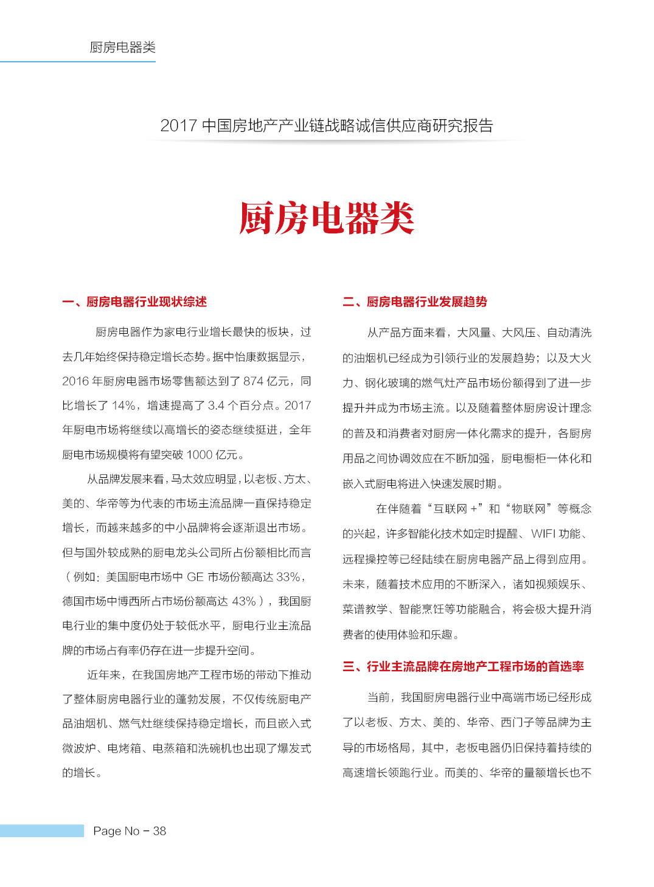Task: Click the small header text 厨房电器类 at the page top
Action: coord(122,47)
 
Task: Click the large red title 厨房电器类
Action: coord(327,218)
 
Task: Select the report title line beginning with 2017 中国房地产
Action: coord(327,126)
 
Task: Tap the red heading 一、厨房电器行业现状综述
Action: coord(134,302)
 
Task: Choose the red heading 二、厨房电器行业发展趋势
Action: coord(415,302)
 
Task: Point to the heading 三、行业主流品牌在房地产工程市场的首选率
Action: coord(463,666)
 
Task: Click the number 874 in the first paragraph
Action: coord(253,381)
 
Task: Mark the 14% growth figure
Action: coord(123,406)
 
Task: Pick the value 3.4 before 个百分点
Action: coord(216,406)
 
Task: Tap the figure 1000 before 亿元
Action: coord(199,455)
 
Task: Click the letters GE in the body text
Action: coord(195,577)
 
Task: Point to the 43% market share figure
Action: coord(243,601)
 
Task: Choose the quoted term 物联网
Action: coord(528,509)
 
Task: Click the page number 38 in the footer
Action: coord(159,831)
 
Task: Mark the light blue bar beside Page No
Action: coord(42,831)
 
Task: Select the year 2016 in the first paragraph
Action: coord(75,381)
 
